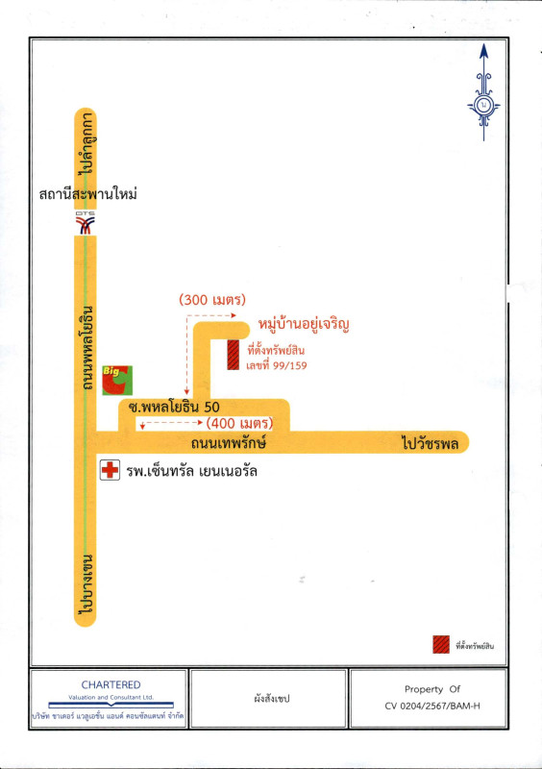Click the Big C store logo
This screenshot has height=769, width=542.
click(x=117, y=380)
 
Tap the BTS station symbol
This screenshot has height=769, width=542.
click(x=85, y=223)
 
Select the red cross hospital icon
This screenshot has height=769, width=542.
click(x=110, y=470)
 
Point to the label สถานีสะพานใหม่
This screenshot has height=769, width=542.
click(x=87, y=194)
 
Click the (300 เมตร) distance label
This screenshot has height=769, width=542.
click(x=212, y=299)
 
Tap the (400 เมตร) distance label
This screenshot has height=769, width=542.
click(x=239, y=423)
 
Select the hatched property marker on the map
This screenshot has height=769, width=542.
click(x=233, y=355)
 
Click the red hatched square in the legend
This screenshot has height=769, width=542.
click(x=441, y=644)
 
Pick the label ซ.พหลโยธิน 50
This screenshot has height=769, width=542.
click(x=174, y=407)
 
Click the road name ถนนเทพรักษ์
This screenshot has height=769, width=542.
click(x=229, y=443)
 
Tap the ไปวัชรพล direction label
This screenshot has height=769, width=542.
click(x=431, y=443)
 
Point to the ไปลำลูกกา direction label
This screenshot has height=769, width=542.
click(x=86, y=143)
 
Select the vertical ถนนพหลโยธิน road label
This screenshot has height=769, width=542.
click(x=86, y=348)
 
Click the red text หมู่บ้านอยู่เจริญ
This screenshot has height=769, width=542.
click(x=304, y=325)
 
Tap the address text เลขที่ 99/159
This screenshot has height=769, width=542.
click(x=277, y=365)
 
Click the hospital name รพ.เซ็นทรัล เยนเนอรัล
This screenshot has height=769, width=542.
click(x=192, y=471)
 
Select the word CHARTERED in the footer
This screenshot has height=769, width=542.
click(x=111, y=684)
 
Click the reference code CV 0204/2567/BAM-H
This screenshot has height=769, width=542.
click(x=432, y=707)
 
